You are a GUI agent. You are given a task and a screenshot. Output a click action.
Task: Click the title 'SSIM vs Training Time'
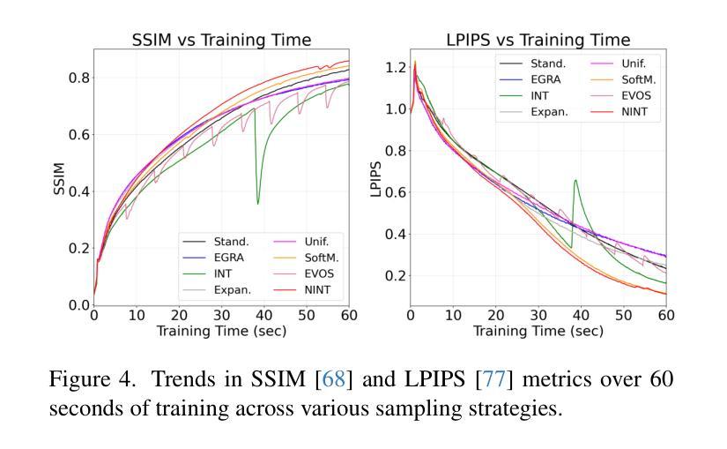[221, 40]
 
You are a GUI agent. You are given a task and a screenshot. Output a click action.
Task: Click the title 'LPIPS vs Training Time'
[538, 40]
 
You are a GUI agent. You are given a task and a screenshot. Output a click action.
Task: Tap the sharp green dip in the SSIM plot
[258, 203]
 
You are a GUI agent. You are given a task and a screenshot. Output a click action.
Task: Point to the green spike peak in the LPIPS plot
[575, 181]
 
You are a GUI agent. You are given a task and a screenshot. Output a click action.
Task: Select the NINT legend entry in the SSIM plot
[316, 289]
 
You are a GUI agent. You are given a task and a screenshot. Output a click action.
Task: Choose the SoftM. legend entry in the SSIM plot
[318, 257]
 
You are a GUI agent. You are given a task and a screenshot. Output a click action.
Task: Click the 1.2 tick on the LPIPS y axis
[396, 67]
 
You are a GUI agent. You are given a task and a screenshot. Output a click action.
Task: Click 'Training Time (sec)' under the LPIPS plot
[538, 331]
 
